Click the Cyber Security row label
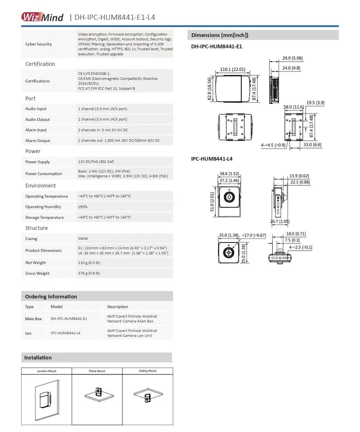(x=38, y=44)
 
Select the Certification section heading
(x=40, y=64)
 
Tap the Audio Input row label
(x=36, y=109)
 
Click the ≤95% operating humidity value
(x=83, y=207)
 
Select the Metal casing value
(x=83, y=238)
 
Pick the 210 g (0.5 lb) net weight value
(x=89, y=262)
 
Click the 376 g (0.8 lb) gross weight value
(x=89, y=273)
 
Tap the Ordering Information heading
(x=51, y=297)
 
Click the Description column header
(x=117, y=307)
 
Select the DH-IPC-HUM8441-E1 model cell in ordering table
(x=69, y=319)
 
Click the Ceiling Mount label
(x=147, y=371)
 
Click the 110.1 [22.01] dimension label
(x=232, y=69)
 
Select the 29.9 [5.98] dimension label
(x=292, y=58)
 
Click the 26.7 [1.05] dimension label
(x=280, y=221)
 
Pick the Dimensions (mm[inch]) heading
(x=220, y=35)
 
